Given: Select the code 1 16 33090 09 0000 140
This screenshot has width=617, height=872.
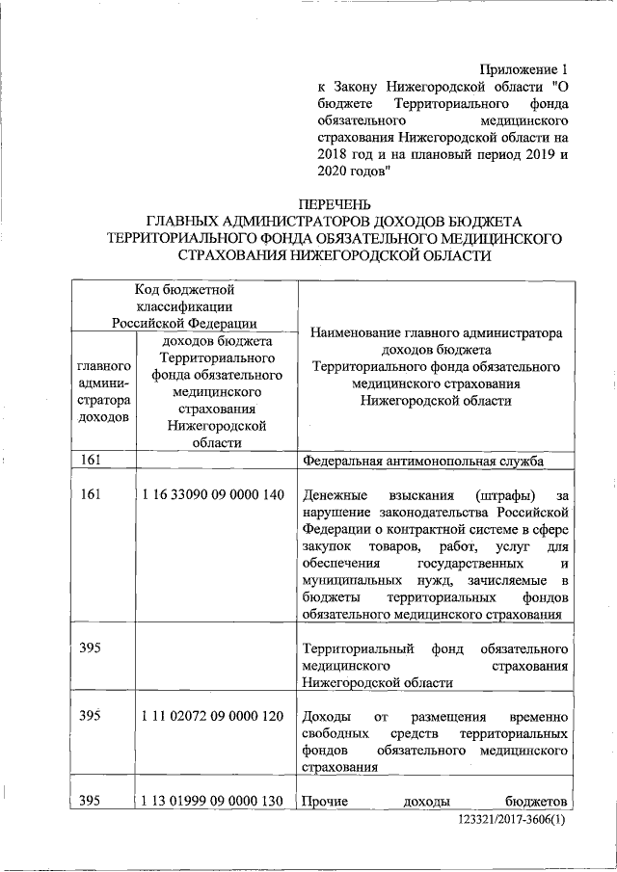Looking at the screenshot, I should (211, 494).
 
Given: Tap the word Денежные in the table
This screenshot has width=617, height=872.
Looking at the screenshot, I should (333, 494).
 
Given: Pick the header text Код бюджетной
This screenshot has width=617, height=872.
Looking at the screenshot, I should (183, 288).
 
